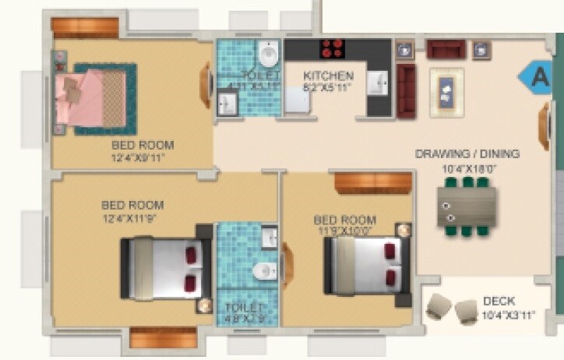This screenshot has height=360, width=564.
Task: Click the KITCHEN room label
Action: (x=329, y=76)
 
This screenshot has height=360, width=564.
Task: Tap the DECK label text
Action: (x=499, y=302)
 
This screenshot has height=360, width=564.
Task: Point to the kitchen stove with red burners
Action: (x=333, y=48)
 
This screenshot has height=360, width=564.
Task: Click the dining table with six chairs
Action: (x=467, y=206)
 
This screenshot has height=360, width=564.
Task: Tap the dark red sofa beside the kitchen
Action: (x=406, y=90)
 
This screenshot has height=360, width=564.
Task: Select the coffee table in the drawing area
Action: (x=446, y=92)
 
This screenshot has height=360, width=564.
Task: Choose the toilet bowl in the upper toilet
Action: (x=268, y=55)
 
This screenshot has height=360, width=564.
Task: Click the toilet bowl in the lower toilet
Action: (x=263, y=270)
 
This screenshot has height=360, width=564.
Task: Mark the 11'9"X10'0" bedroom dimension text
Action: (x=344, y=231)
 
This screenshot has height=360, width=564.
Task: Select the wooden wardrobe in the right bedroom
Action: (x=373, y=183)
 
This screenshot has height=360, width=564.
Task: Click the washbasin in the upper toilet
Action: (x=228, y=101)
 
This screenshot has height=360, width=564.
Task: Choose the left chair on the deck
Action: (x=439, y=307)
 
